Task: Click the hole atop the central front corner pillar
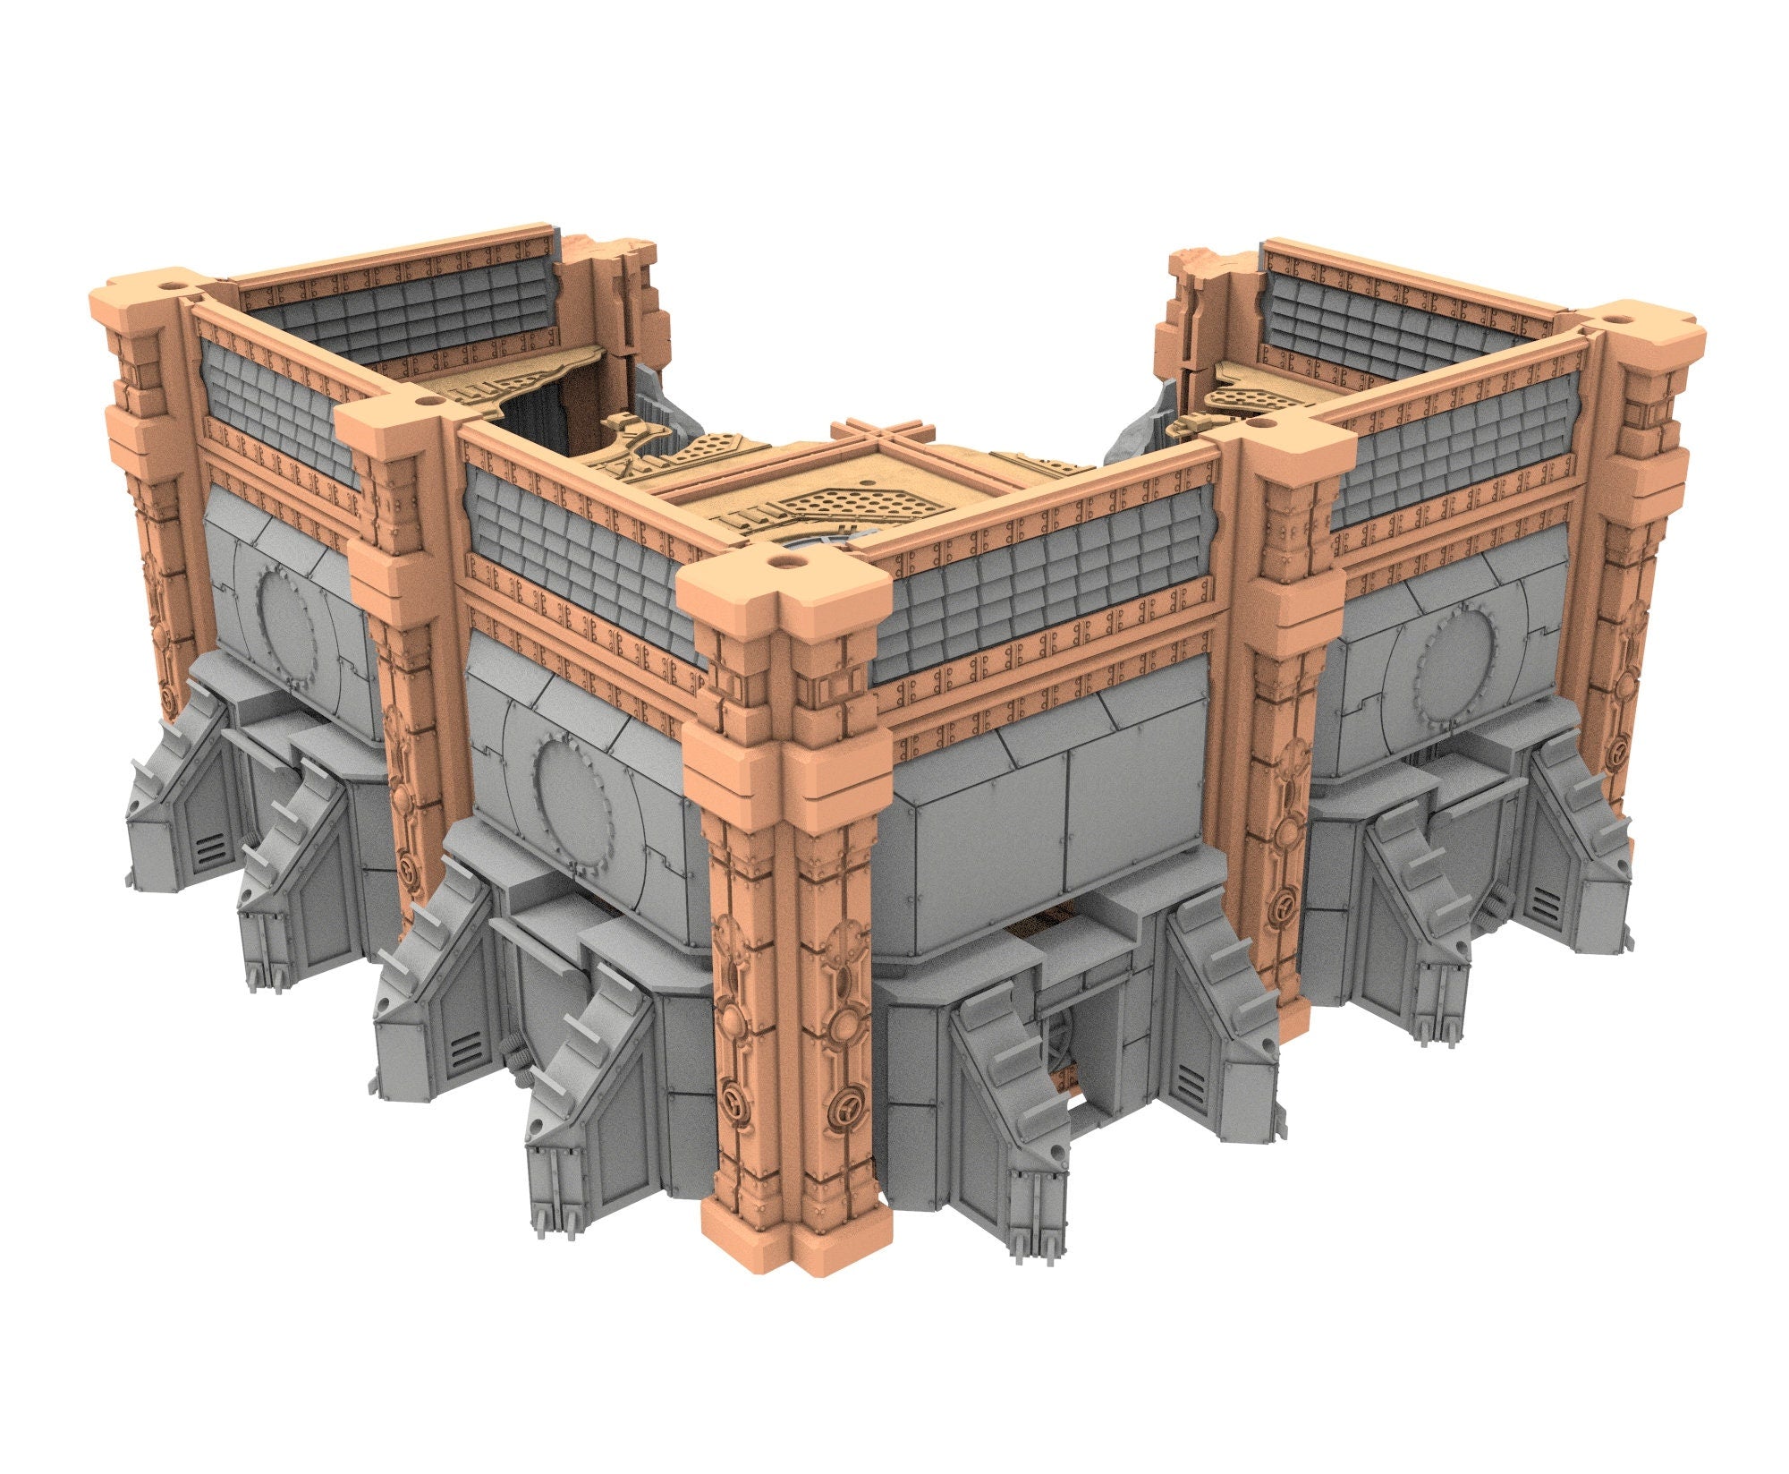tap(785, 562)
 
